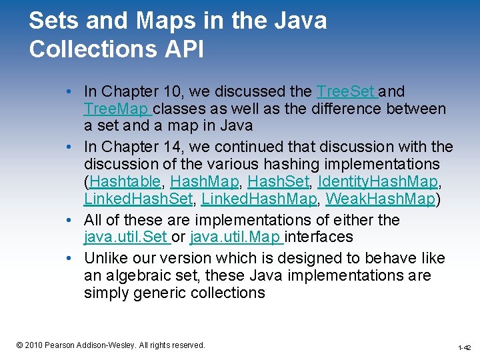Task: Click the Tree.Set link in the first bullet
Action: (x=346, y=91)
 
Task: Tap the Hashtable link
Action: (x=125, y=181)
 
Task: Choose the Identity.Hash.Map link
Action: (x=378, y=181)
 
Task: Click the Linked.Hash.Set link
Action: (x=138, y=199)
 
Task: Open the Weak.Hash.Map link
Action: (x=380, y=199)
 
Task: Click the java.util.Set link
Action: (x=126, y=237)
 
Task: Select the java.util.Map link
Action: (x=235, y=237)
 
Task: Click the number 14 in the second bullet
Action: (x=175, y=147)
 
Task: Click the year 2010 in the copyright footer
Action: (x=34, y=345)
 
